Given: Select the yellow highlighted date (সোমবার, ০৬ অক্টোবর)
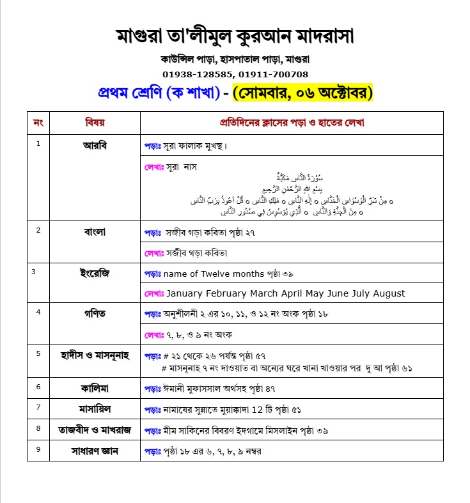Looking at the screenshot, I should pos(302,93).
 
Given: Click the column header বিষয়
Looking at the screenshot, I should pos(95,122).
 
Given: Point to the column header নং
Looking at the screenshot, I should pos(38,122).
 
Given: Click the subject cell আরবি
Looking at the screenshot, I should pos(95,145).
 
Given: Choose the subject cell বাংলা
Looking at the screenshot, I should pos(95,231).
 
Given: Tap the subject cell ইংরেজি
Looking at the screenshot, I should pos(95,274).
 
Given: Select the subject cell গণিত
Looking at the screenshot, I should pos(95,313).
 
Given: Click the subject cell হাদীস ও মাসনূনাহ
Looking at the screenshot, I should pos(95,355).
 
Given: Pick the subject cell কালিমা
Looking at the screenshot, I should pos(95,387).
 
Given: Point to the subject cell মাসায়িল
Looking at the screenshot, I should pos(95,408).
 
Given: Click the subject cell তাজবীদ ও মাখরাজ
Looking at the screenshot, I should pos(95,429).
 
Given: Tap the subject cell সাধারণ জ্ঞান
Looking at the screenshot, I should pos(95,451).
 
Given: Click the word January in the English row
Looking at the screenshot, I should pos(187,293).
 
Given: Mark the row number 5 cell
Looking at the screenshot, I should pos(38,353).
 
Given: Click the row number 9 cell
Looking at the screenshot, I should pos(38,449).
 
